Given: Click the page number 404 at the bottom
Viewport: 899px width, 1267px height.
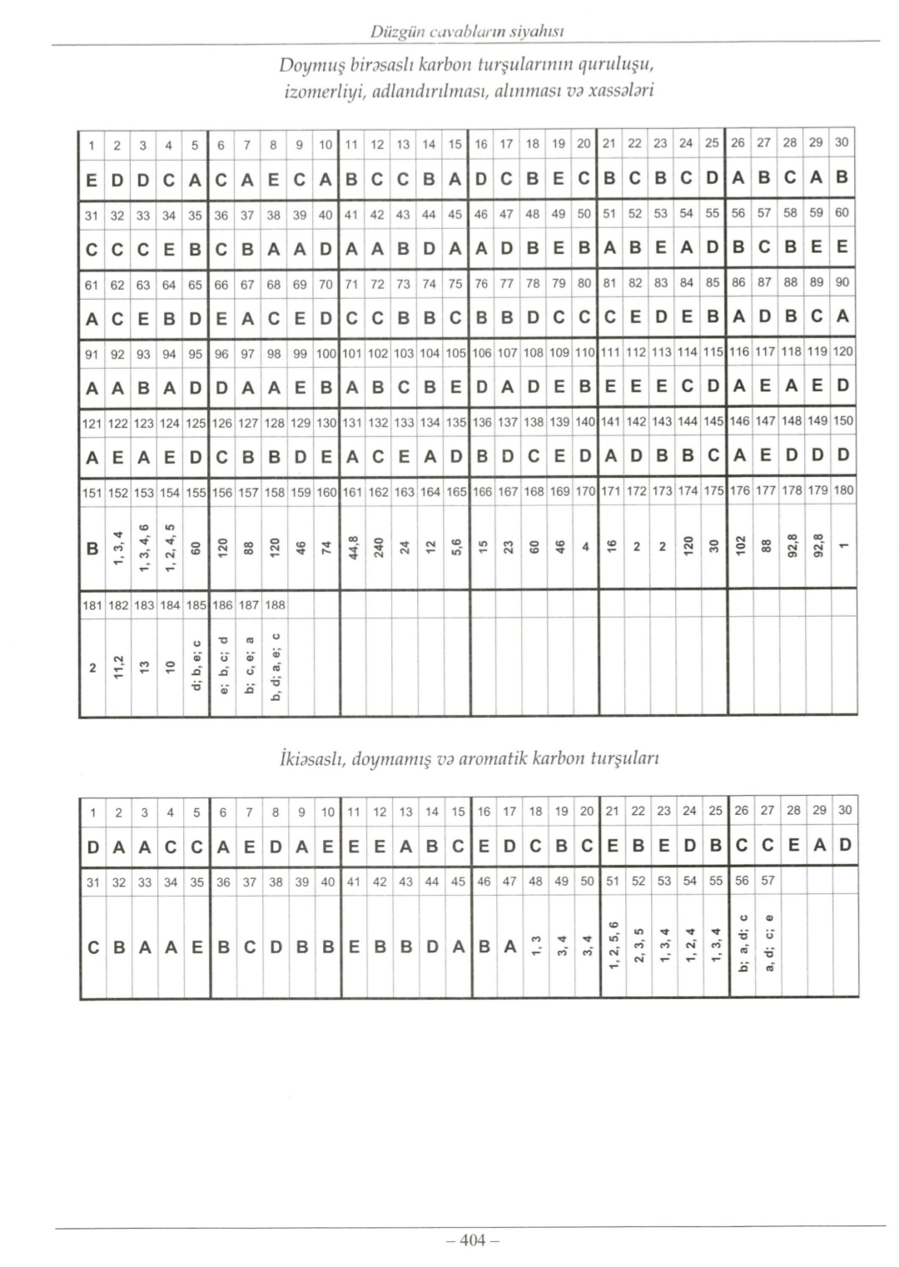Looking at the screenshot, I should [471, 1240].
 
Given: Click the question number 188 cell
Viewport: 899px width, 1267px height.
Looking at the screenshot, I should [275, 604].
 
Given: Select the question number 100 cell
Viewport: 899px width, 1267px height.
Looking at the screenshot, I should [325, 353].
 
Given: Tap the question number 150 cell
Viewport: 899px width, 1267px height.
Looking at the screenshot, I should [843, 421].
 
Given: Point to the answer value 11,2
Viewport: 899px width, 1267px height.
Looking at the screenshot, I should [118, 668].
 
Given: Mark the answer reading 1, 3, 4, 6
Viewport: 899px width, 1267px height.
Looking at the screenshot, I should [144, 549].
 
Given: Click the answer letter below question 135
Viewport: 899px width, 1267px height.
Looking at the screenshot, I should [454, 455].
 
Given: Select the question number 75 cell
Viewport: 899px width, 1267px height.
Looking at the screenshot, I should [454, 283].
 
